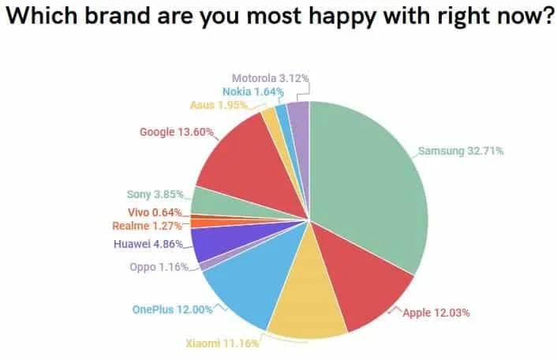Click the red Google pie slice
point(245,162)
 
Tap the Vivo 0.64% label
point(155,212)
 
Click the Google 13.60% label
point(176,132)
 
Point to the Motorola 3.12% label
point(270,78)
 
